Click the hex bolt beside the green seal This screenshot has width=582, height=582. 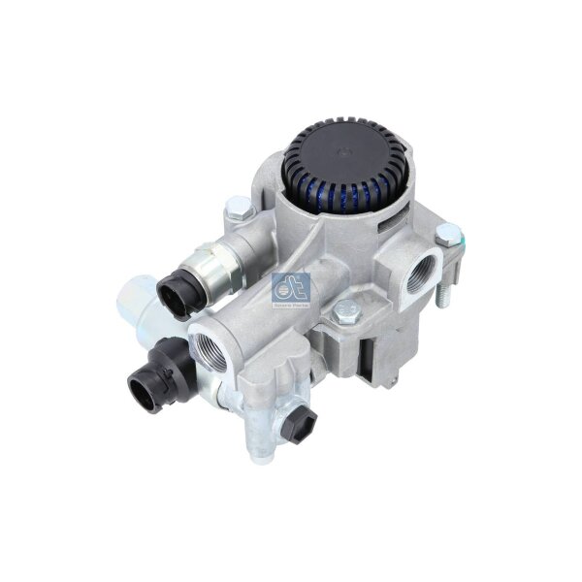click(x=444, y=234)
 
